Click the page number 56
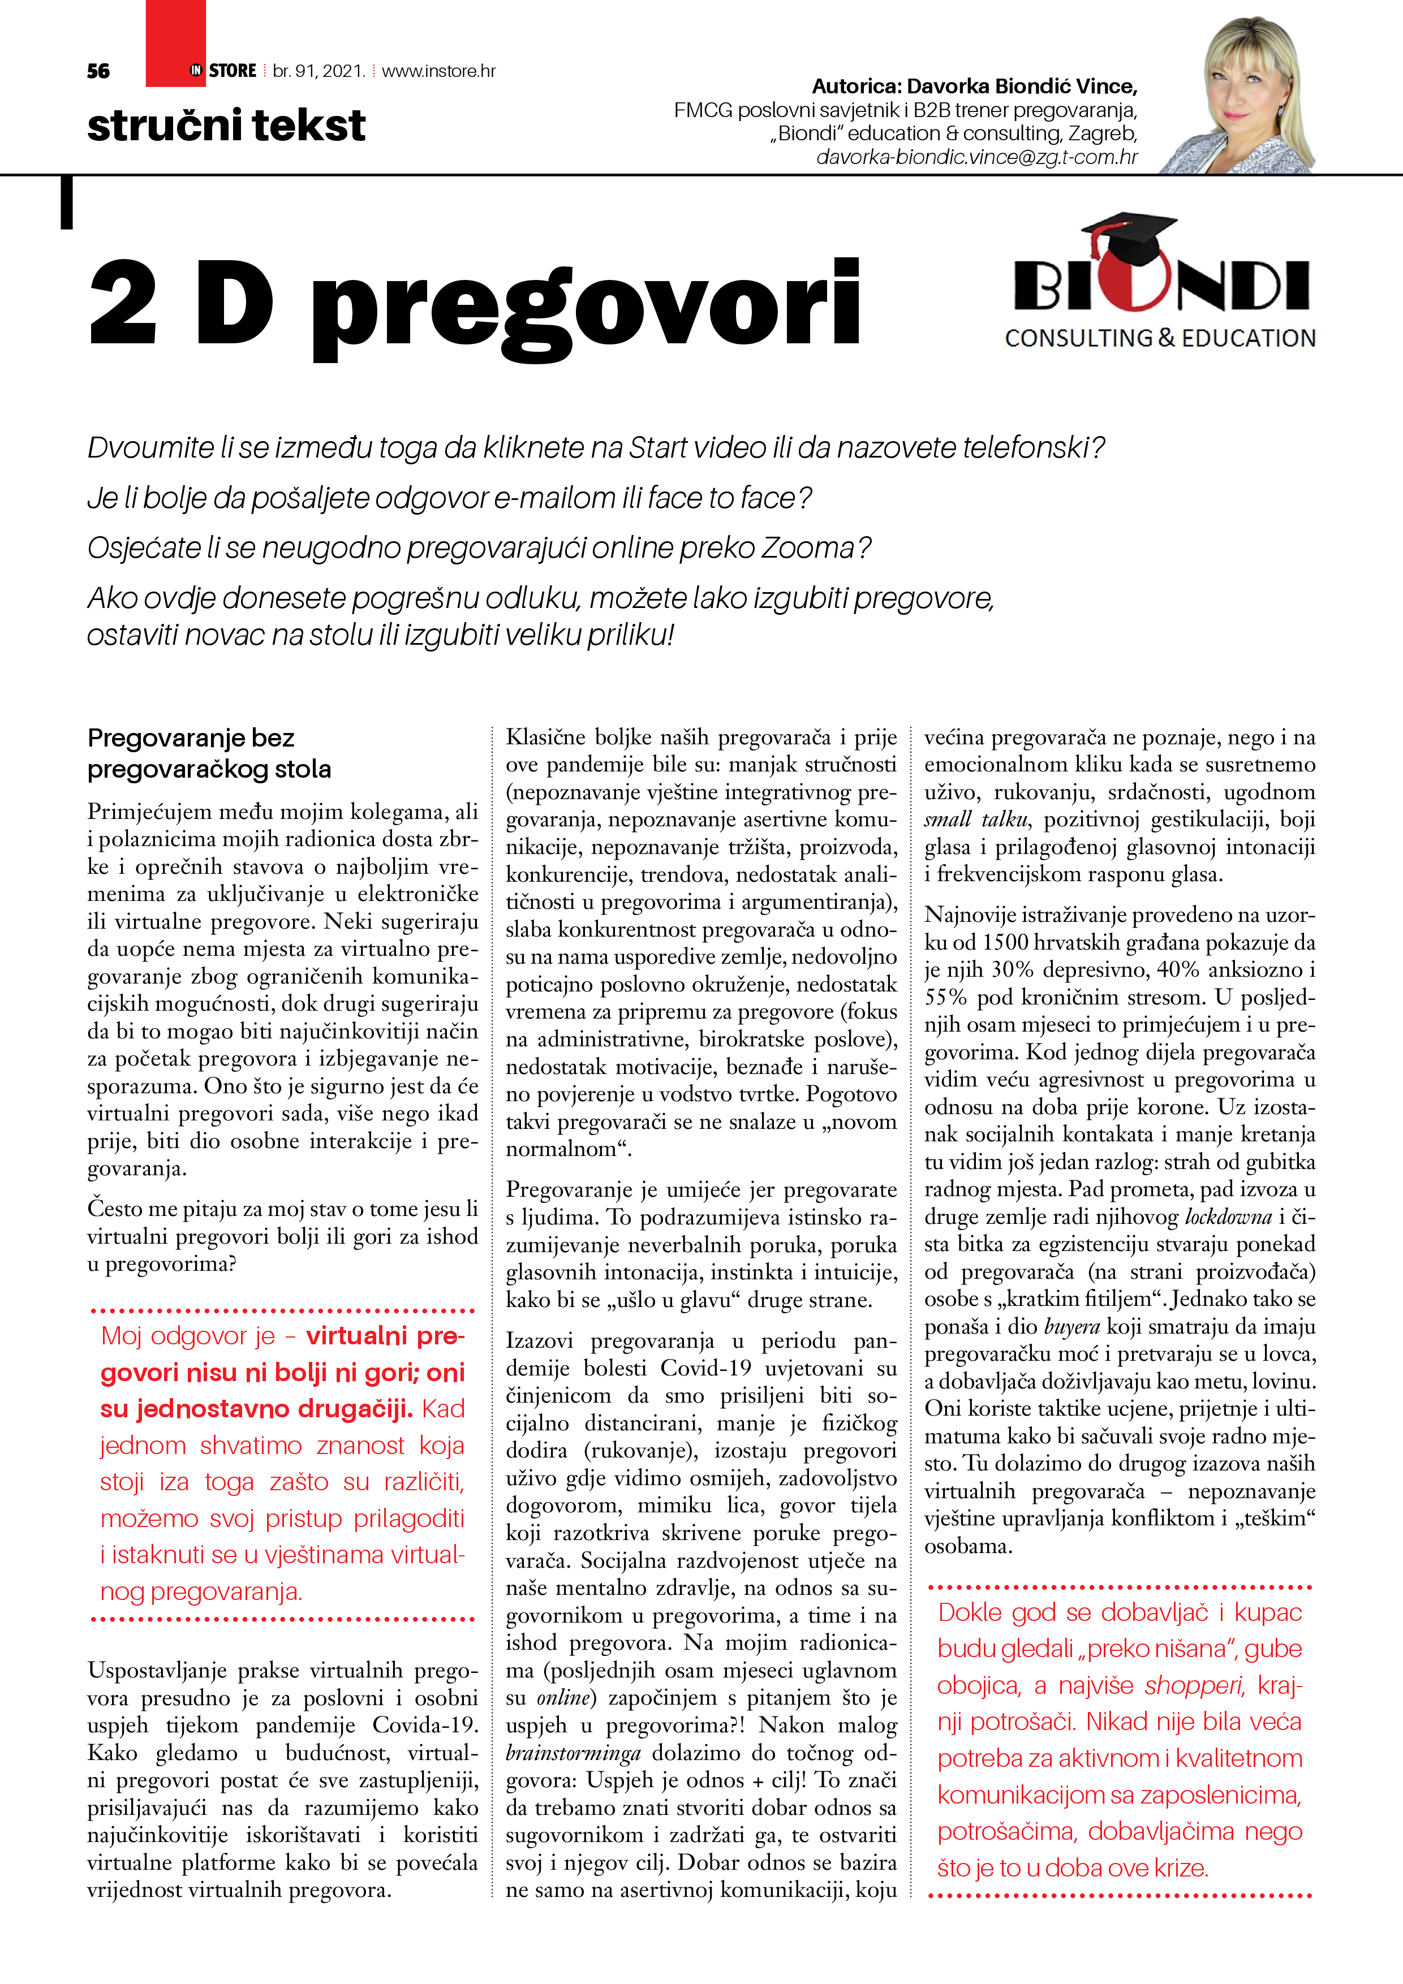pyautogui.click(x=98, y=71)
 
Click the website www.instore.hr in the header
pyautogui.click(x=438, y=71)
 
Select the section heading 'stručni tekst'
pyautogui.click(x=226, y=126)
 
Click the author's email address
pyautogui.click(x=977, y=157)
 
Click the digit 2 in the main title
pyautogui.click(x=124, y=303)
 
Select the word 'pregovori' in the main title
pyautogui.click(x=585, y=307)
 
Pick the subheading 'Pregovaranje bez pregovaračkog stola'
pyautogui.click(x=209, y=753)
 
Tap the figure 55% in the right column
pyautogui.click(x=945, y=997)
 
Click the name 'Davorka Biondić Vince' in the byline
pyautogui.click(x=1022, y=87)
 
